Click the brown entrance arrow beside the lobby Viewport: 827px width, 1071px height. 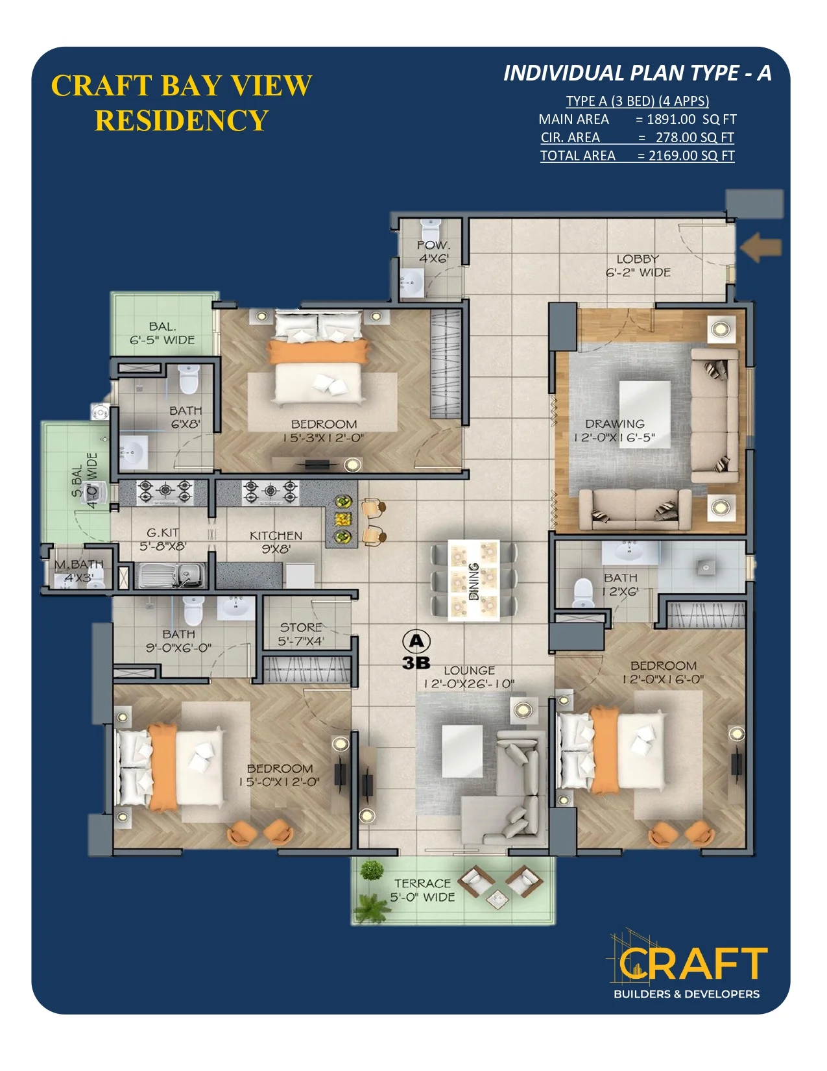761,247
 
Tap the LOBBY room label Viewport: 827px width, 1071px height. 638,259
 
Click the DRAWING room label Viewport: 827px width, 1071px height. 615,423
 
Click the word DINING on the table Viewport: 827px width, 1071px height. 473,581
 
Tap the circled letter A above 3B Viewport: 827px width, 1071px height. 416,641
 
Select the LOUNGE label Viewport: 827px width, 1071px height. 469,671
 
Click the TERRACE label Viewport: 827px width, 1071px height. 422,883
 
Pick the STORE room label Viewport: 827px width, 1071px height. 300,628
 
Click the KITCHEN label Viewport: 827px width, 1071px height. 276,535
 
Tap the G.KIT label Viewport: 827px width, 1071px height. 163,532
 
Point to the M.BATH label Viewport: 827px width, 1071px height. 79,564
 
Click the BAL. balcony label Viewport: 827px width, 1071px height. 163,326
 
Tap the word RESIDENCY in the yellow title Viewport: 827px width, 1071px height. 181,120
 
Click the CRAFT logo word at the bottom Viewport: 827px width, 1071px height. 693,963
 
